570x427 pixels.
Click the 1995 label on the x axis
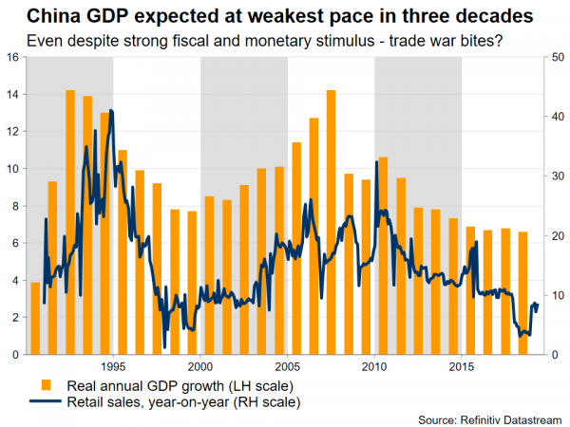(x=113, y=365)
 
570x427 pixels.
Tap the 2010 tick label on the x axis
(x=375, y=365)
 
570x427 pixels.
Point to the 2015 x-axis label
(x=462, y=365)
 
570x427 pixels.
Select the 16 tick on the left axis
(x=11, y=57)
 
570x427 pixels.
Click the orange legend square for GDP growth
(x=46, y=385)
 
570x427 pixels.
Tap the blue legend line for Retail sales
(x=46, y=402)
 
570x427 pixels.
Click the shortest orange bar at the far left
(x=35, y=318)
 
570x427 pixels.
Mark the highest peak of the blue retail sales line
(x=112, y=111)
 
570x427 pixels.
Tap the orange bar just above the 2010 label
(x=383, y=255)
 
